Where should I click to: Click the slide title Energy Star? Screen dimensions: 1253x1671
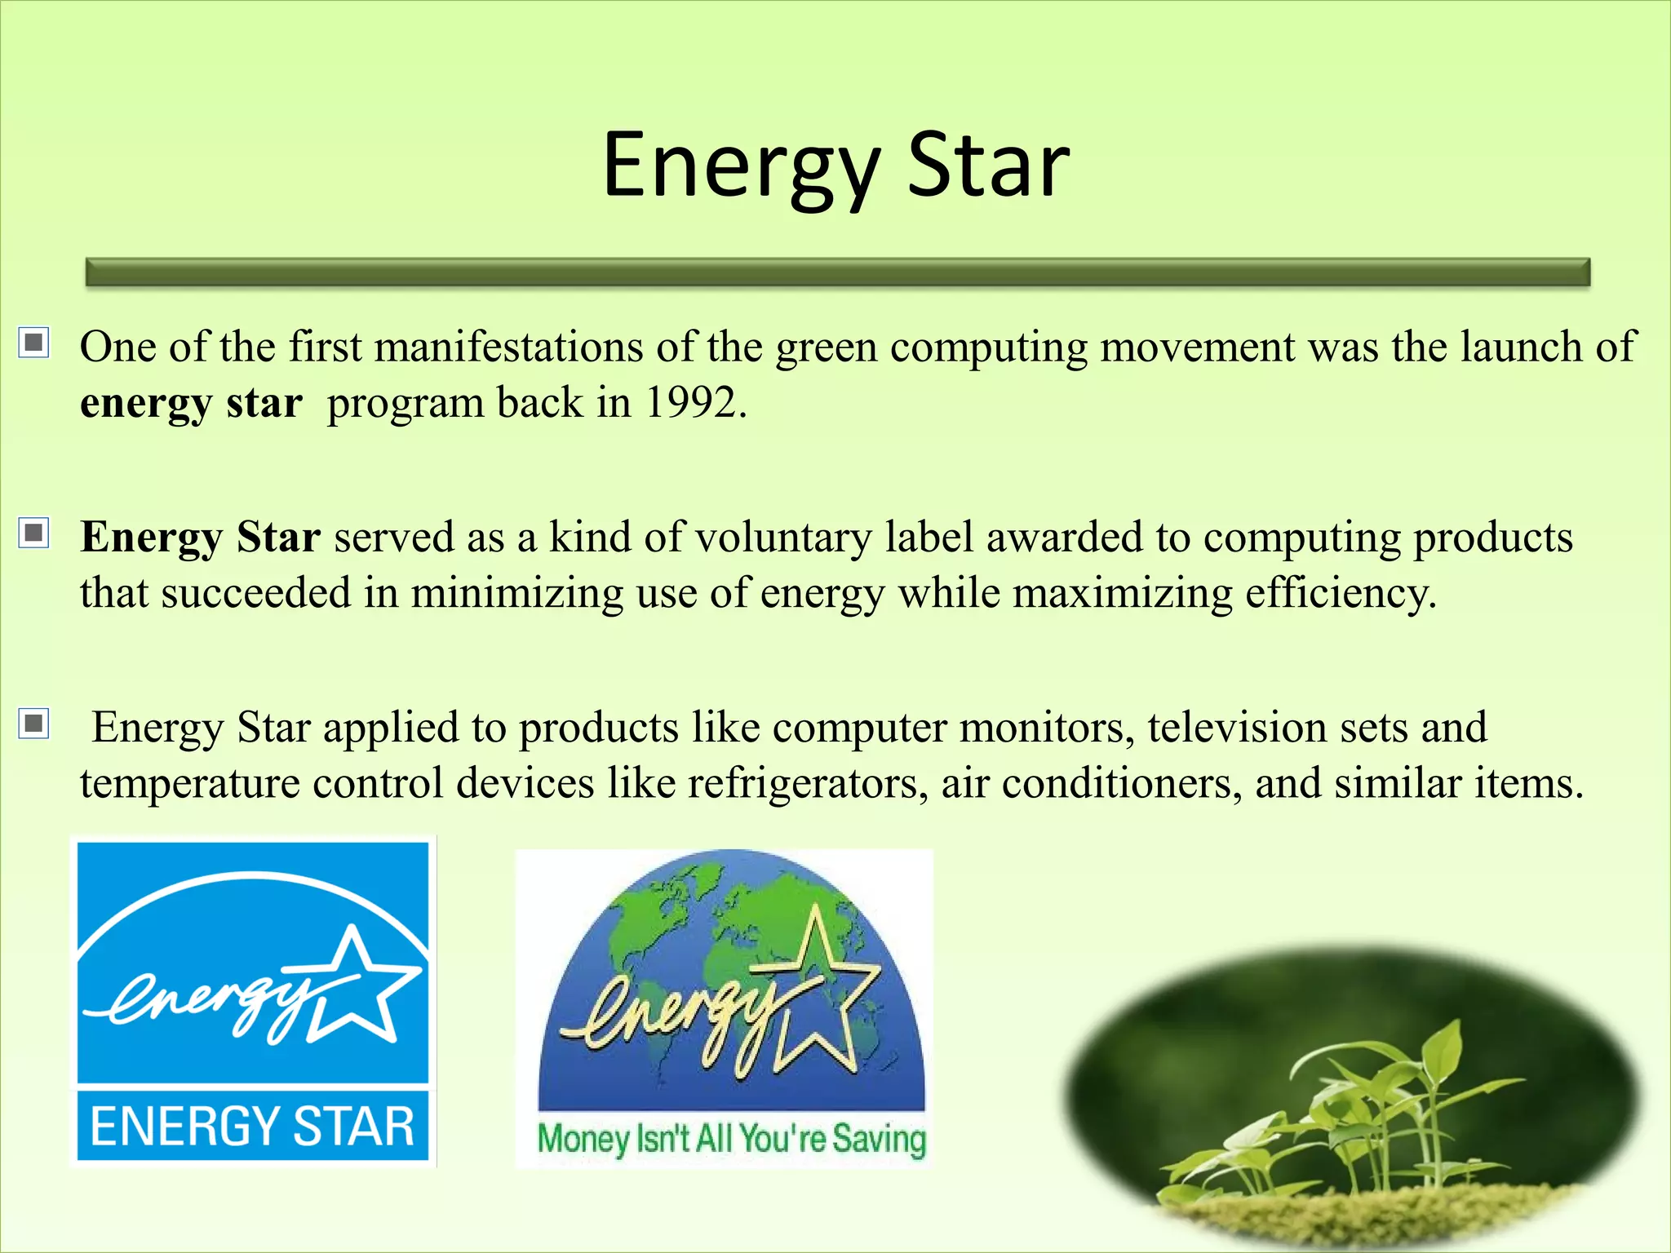tap(835, 166)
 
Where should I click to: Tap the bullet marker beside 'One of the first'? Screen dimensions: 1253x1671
tap(34, 343)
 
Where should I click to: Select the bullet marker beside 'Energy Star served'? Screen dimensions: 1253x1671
tap(34, 533)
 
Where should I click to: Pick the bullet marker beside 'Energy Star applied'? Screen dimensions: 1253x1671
tap(34, 723)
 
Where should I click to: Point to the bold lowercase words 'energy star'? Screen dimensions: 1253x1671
tap(191, 403)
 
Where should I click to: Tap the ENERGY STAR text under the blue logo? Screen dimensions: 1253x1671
tap(252, 1127)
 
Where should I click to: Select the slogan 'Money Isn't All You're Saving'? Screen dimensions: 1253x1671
tap(731, 1139)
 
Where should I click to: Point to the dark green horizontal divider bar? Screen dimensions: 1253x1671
tap(837, 272)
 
